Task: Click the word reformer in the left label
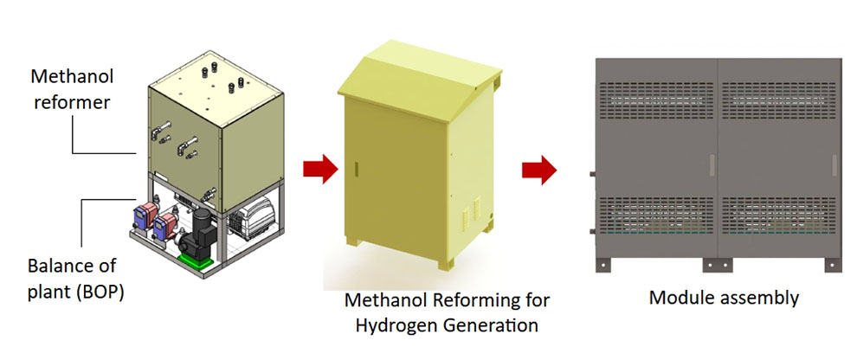click(x=72, y=102)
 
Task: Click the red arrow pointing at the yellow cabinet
click(x=320, y=169)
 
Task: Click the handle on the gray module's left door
click(x=712, y=165)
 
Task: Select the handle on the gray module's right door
click(x=834, y=165)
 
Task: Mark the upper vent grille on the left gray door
click(x=656, y=101)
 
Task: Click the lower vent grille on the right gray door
click(x=778, y=215)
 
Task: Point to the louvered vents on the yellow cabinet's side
click(x=471, y=212)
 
